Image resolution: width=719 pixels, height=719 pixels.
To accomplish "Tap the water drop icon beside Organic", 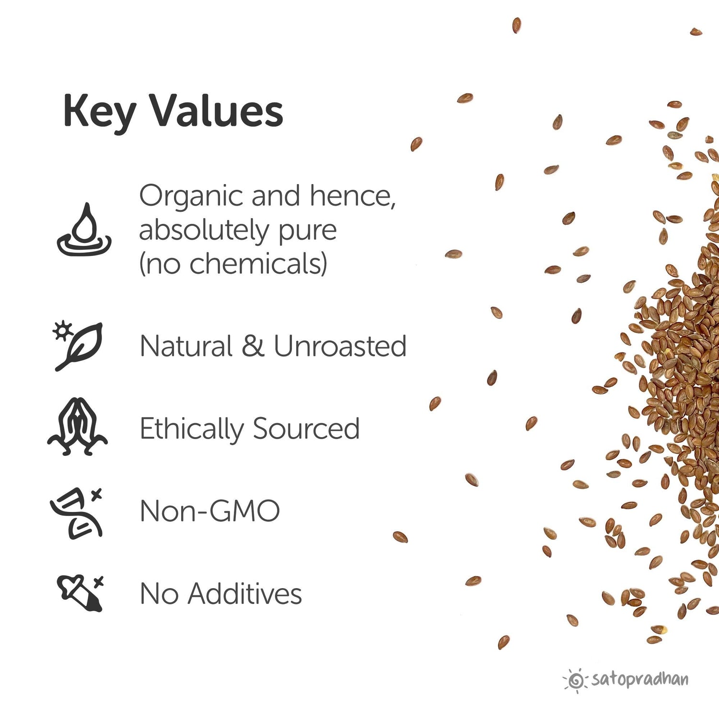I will [84, 230].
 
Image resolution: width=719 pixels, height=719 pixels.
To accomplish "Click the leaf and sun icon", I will [78, 346].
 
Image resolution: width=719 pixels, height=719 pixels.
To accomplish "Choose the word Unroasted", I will [340, 346].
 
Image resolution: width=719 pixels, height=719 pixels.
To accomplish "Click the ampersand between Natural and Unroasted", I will [253, 346].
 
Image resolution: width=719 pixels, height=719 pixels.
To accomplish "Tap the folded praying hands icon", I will [77, 427].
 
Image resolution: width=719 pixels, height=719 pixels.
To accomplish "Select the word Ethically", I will [191, 429].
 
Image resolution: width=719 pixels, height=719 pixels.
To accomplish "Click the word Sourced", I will [306, 429].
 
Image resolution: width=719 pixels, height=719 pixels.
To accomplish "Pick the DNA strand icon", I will [77, 513].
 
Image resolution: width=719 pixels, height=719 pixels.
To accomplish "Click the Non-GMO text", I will [209, 511].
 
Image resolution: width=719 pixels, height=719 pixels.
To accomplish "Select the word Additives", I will [244, 594].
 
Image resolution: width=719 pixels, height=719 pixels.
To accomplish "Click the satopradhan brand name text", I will [640, 680].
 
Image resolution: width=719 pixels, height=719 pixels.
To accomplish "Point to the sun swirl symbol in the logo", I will [576, 680].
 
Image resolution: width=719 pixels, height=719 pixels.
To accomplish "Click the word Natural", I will [186, 346].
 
